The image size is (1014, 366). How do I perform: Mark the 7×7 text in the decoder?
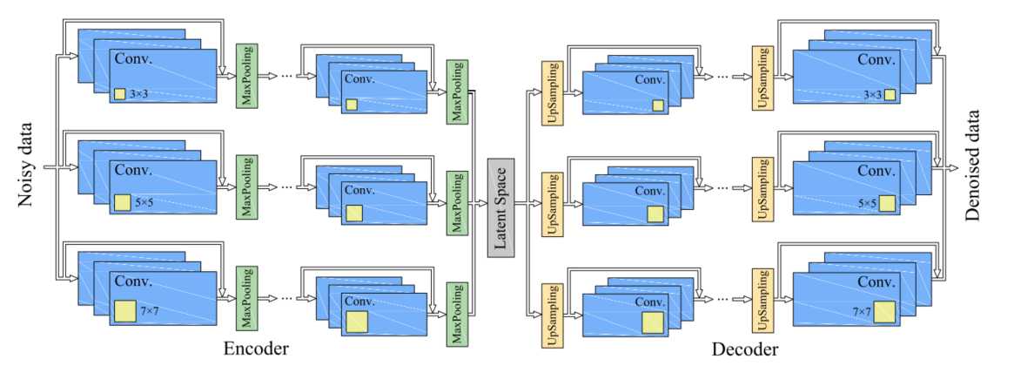(863, 311)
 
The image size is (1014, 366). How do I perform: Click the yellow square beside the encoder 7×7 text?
(124, 311)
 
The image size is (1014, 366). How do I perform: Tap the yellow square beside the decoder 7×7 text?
(885, 312)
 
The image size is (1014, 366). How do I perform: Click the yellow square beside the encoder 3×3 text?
(119, 94)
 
